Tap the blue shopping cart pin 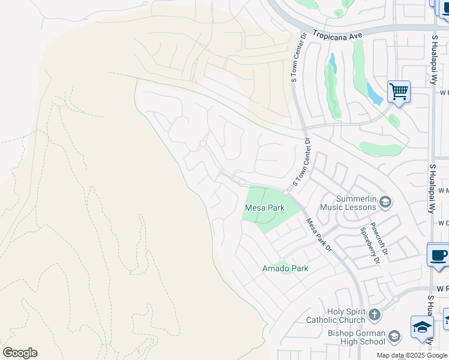pyautogui.click(x=399, y=92)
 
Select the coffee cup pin pyautogui.click(x=438, y=255)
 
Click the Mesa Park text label pyautogui.click(x=264, y=208)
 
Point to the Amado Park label pyautogui.click(x=285, y=268)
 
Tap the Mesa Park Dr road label pyautogui.click(x=319, y=235)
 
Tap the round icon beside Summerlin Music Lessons pyautogui.click(x=385, y=202)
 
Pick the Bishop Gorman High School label pyautogui.click(x=356, y=337)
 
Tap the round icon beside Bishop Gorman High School pyautogui.click(x=394, y=335)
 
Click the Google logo pyautogui.click(x=20, y=353)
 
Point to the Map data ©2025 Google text pyautogui.click(x=412, y=355)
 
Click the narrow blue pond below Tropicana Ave pyautogui.click(x=332, y=63)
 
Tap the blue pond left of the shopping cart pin pyautogui.click(x=374, y=94)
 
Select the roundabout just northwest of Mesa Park pyautogui.click(x=242, y=182)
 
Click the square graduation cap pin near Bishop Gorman pyautogui.click(x=422, y=328)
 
